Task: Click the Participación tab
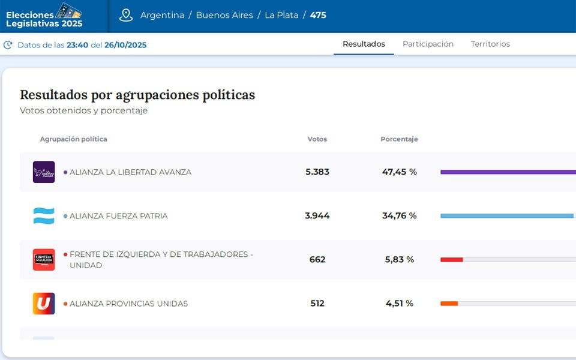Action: [428, 44]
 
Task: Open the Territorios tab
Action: [490, 44]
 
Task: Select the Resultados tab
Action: [364, 44]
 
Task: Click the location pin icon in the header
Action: [126, 15]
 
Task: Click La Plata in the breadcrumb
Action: [281, 15]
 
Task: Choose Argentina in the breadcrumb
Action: [162, 15]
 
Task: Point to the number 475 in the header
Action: [318, 15]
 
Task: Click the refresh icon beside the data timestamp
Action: [8, 45]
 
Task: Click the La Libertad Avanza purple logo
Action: [44, 172]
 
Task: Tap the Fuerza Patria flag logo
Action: [44, 216]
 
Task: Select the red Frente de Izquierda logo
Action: [44, 260]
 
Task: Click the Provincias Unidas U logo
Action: [44, 304]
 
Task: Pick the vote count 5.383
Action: [317, 172]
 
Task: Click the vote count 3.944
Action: [317, 216]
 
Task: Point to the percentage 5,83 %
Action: [400, 260]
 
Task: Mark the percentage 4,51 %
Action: [400, 304]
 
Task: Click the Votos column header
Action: [317, 139]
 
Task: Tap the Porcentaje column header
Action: [399, 139]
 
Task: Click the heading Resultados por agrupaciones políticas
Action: [137, 95]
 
